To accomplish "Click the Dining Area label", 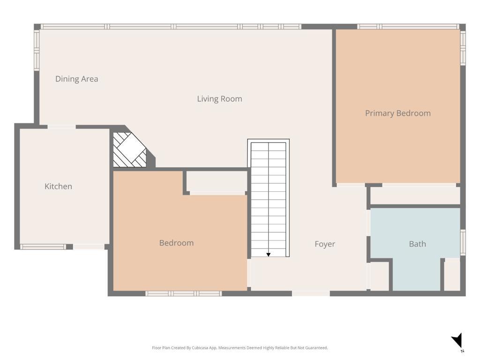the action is click(x=76, y=79).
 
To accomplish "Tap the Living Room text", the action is click(x=219, y=99).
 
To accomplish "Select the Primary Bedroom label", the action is click(x=397, y=113).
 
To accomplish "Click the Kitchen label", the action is click(x=58, y=187).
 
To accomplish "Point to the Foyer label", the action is click(x=325, y=244).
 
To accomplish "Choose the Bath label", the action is click(x=417, y=244).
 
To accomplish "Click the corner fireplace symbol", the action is click(x=130, y=150).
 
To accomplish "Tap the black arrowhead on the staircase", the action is click(x=269, y=255).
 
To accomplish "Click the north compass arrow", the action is click(x=457, y=340).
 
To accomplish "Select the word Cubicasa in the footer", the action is click(x=199, y=348).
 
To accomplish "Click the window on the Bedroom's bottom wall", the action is click(x=183, y=293).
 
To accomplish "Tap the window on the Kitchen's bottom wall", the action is click(x=43, y=247).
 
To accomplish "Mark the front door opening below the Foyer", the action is click(x=311, y=293).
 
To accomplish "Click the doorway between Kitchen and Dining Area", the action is click(x=61, y=127).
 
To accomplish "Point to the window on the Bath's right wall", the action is click(x=463, y=242).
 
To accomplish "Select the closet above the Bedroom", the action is click(x=217, y=181).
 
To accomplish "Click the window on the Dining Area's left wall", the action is click(x=37, y=50).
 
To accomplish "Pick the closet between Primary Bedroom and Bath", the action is click(x=415, y=195).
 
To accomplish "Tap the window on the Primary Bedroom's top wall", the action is click(x=408, y=27).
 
